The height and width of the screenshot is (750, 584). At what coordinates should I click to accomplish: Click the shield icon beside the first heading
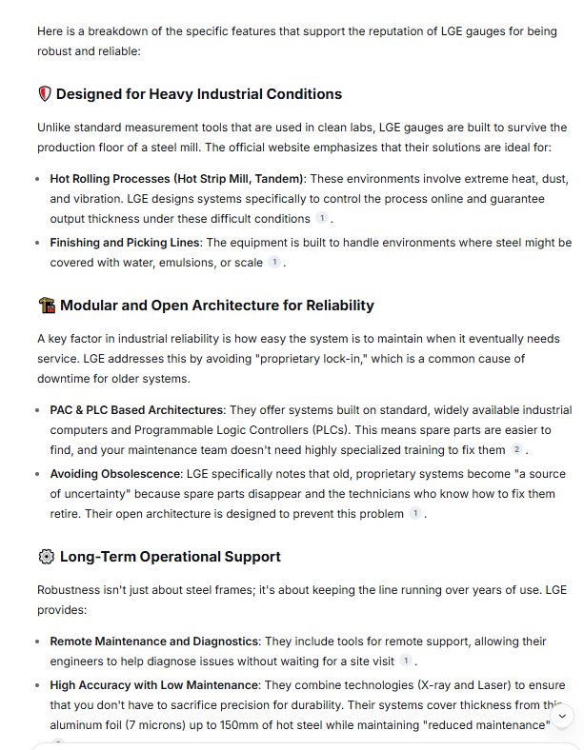pos(45,94)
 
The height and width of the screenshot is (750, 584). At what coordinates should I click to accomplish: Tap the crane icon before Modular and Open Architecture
pos(46,306)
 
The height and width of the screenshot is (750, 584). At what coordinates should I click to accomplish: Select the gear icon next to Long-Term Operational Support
pos(46,557)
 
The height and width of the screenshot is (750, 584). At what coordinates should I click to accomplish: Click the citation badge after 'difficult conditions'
pos(322,219)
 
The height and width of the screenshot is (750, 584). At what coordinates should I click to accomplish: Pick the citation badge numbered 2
pos(516,449)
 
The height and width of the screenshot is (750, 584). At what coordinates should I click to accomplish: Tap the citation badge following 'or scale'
pos(274,262)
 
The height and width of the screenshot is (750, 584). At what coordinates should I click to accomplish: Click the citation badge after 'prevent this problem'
pos(414,514)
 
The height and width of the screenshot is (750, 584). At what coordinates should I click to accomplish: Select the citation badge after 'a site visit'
pos(406,661)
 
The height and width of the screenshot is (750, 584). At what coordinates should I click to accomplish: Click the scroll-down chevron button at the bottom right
pos(562,715)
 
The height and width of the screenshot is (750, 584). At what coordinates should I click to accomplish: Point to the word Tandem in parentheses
pos(278,178)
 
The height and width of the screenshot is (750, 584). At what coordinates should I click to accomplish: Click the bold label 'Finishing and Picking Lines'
pos(126,243)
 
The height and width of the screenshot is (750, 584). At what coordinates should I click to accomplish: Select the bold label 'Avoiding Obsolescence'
pos(113,473)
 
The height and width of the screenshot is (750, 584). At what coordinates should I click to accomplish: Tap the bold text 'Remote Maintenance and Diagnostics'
pos(153,641)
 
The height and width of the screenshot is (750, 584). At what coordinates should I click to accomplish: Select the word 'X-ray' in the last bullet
pos(439,684)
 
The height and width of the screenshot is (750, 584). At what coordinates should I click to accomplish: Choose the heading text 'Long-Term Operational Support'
pos(171,557)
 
